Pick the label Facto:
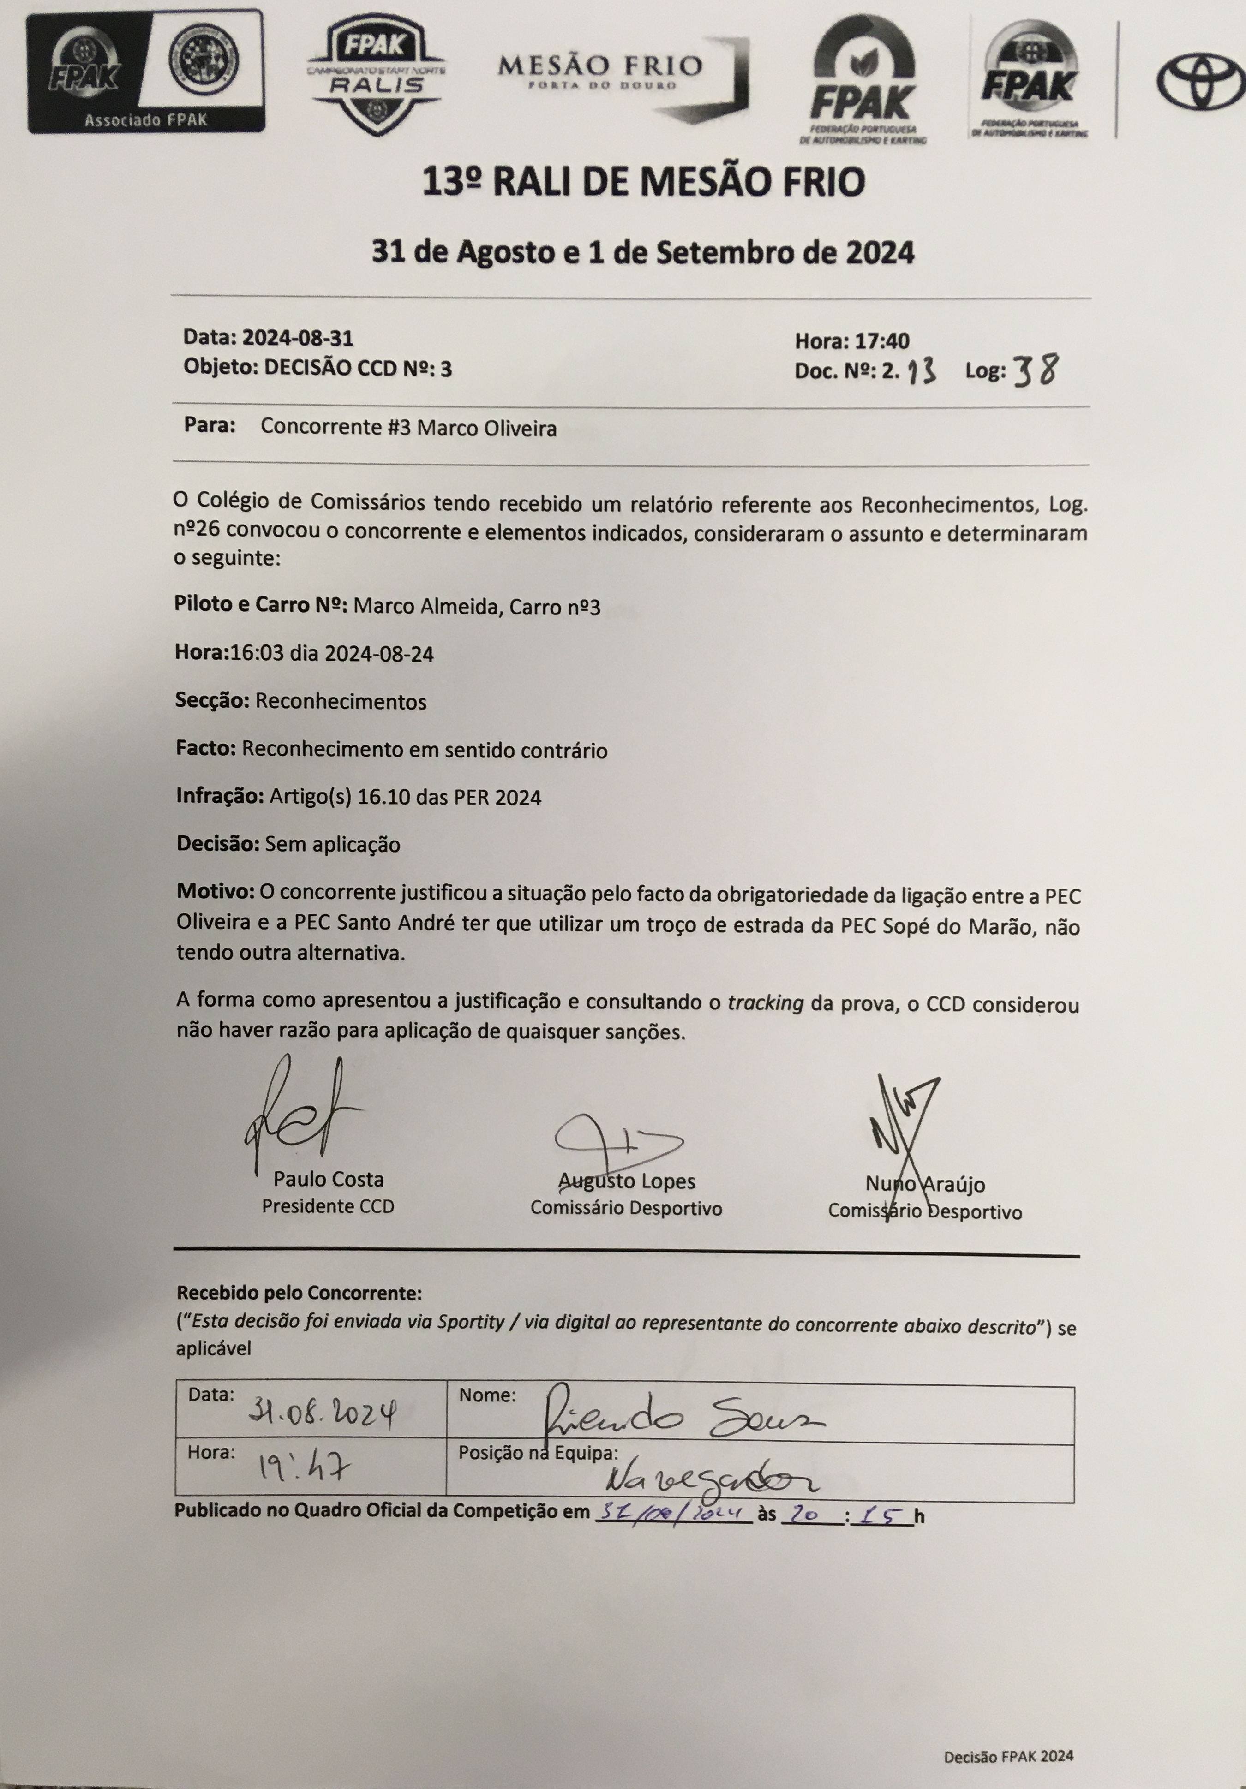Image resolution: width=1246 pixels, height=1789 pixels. [206, 749]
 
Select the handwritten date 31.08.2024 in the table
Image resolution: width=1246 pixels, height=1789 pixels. [322, 1410]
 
